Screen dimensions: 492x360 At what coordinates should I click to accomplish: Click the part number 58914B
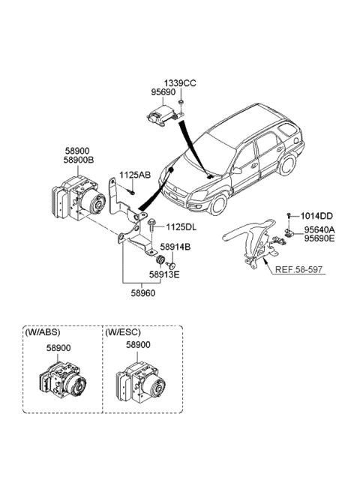(174, 247)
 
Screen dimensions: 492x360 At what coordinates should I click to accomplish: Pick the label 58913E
(174, 275)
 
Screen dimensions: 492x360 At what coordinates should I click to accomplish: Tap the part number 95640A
(319, 230)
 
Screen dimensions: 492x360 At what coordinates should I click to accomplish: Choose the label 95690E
(319, 239)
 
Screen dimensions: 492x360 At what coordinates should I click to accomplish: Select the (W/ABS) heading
(42, 332)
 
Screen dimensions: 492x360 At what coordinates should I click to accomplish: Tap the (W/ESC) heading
(123, 332)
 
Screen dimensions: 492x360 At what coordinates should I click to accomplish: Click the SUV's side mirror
(237, 170)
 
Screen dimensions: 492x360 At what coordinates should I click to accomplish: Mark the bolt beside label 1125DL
(153, 223)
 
